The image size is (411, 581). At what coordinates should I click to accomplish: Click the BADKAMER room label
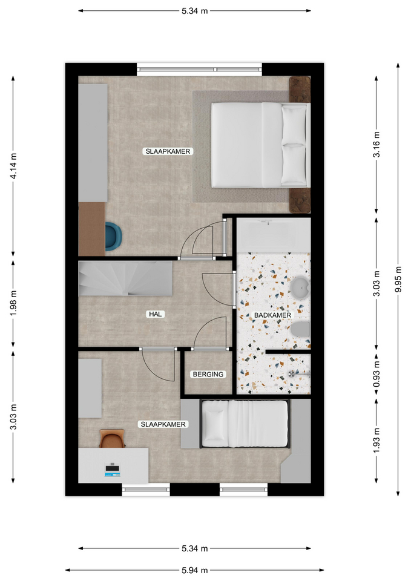click(x=273, y=315)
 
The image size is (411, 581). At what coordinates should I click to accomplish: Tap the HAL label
click(x=156, y=314)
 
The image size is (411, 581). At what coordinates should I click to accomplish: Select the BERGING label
click(x=208, y=374)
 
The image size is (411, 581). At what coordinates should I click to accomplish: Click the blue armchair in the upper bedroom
click(x=113, y=237)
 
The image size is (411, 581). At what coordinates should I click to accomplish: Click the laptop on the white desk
click(x=113, y=470)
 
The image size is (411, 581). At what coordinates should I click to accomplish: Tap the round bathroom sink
click(x=300, y=287)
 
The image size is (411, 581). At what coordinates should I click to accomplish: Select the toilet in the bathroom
click(x=301, y=329)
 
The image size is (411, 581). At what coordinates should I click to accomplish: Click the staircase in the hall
click(x=126, y=278)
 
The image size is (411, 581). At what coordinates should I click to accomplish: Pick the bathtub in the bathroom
click(x=274, y=235)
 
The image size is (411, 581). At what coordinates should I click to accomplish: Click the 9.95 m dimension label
click(x=398, y=280)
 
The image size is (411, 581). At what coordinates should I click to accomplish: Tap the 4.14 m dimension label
click(x=13, y=166)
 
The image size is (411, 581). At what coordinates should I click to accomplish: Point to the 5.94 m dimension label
click(x=194, y=570)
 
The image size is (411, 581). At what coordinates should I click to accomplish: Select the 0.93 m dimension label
click(x=376, y=375)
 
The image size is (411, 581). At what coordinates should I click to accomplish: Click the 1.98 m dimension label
click(x=13, y=303)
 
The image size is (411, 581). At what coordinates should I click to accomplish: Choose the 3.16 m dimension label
click(x=376, y=145)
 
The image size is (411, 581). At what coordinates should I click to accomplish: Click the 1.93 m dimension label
click(x=376, y=440)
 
